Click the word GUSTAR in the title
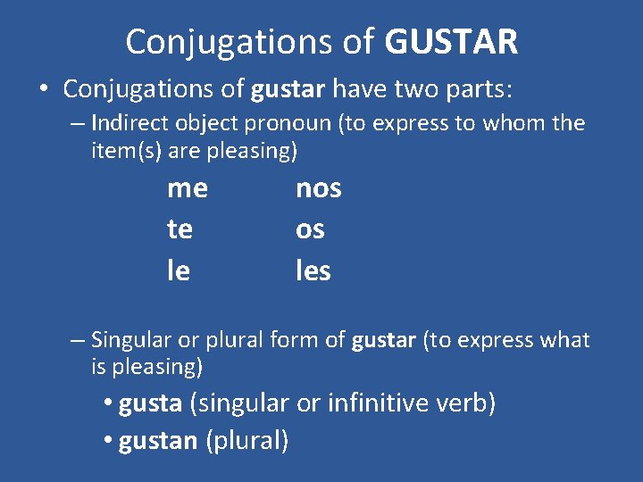click(x=452, y=41)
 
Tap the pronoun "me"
click(x=187, y=188)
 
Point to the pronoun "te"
click(x=180, y=229)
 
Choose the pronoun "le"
click(x=178, y=270)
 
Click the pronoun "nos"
click(x=318, y=188)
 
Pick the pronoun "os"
click(x=310, y=230)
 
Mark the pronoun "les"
click(x=313, y=270)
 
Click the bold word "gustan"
click(x=158, y=441)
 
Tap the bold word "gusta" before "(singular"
click(x=150, y=403)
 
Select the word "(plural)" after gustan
click(x=247, y=441)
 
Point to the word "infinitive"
click(x=381, y=403)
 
